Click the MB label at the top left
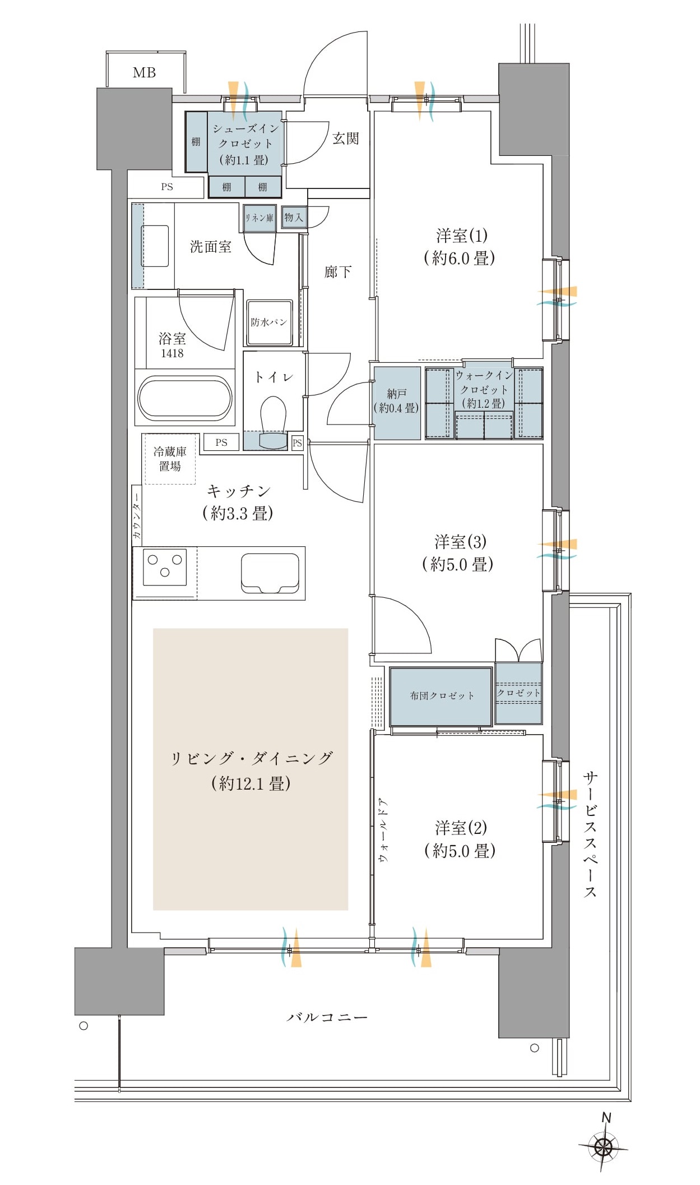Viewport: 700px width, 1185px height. (x=144, y=72)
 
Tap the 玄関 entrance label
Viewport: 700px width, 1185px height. (x=345, y=138)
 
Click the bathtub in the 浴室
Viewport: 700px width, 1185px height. (x=184, y=398)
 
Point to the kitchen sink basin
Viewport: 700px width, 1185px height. (x=270, y=573)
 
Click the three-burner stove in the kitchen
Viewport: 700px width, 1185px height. (x=165, y=566)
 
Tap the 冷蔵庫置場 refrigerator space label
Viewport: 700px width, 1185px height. (x=170, y=459)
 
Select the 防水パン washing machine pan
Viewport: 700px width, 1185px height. (x=269, y=322)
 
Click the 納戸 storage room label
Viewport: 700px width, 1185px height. (x=396, y=401)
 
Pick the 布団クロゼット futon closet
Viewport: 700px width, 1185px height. (x=441, y=696)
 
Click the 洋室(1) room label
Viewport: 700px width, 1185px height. (x=460, y=246)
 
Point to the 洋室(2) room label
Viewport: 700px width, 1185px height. (x=461, y=839)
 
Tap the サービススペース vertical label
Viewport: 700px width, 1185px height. (x=590, y=835)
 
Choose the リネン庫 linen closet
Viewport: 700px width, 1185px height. (x=259, y=218)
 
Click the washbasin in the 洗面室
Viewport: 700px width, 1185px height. (x=155, y=246)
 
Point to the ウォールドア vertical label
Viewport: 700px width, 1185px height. (x=384, y=829)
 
